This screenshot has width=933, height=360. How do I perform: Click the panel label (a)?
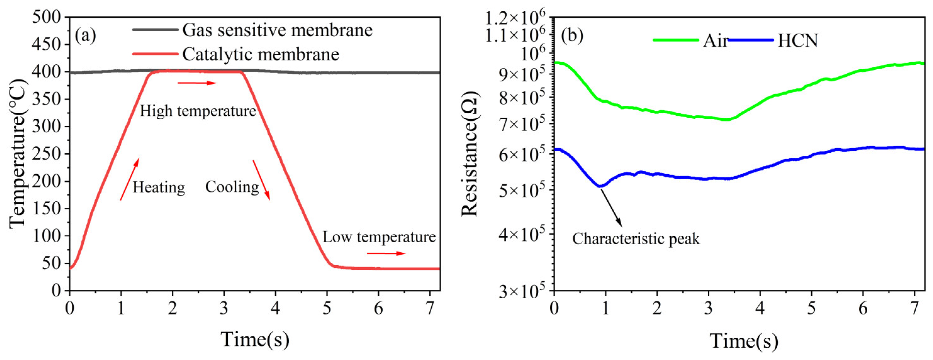point(86,36)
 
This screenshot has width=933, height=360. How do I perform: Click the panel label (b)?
point(572,36)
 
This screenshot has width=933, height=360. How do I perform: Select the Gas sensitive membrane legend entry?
point(277,30)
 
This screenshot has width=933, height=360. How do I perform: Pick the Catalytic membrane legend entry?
point(260,54)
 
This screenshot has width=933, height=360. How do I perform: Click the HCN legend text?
point(797,40)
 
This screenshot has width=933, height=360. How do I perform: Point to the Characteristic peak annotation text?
point(636,239)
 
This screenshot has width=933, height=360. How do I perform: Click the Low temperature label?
point(379,237)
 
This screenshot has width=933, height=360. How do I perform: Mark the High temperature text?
point(198,111)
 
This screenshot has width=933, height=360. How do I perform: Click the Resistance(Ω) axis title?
point(469,154)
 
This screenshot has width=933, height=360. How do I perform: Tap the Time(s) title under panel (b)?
point(743,341)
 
